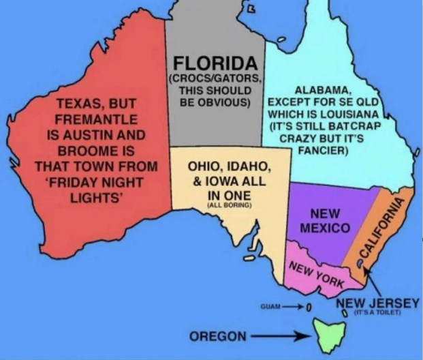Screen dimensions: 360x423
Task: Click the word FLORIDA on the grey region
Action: pos(215,64)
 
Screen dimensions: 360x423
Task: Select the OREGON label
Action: pos(217,336)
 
